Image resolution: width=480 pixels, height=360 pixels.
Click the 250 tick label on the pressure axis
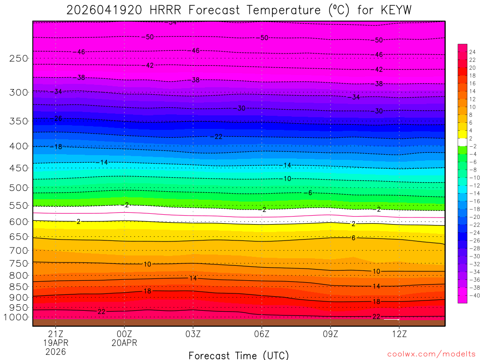click(19, 59)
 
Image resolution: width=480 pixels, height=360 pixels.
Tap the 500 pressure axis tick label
click(19, 187)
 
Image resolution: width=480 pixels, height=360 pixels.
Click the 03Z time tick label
click(193, 334)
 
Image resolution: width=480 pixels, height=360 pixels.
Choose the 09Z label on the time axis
click(330, 334)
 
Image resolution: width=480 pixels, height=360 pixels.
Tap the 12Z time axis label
click(399, 334)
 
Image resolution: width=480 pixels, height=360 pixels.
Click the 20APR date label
click(124, 343)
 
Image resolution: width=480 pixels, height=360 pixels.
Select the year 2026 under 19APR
click(56, 352)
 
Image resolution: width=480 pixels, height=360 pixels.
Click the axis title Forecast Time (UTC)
click(239, 355)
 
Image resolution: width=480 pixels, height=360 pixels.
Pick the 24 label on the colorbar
click(472, 52)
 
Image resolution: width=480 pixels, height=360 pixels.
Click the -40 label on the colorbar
click(472, 295)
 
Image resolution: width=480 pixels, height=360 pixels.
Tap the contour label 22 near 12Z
click(376, 316)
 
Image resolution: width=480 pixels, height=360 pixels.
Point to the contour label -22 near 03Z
click(217, 136)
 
